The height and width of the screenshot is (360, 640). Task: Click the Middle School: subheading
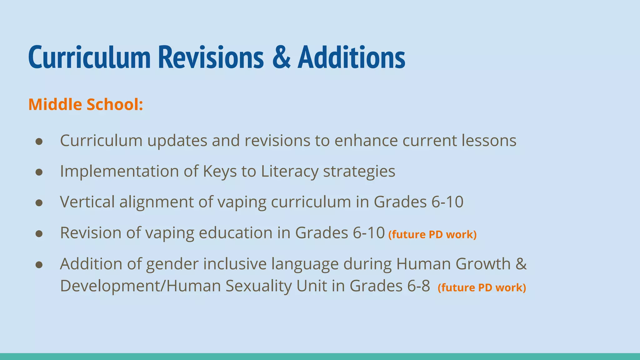(x=86, y=104)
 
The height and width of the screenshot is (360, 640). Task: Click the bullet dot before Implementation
(x=39, y=172)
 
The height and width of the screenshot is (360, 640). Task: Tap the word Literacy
(x=289, y=171)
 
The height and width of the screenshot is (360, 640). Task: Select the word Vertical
(x=87, y=202)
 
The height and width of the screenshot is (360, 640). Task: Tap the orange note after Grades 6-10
(x=432, y=234)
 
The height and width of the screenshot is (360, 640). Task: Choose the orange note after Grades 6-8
(x=482, y=287)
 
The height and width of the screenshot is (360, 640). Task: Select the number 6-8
(x=418, y=286)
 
